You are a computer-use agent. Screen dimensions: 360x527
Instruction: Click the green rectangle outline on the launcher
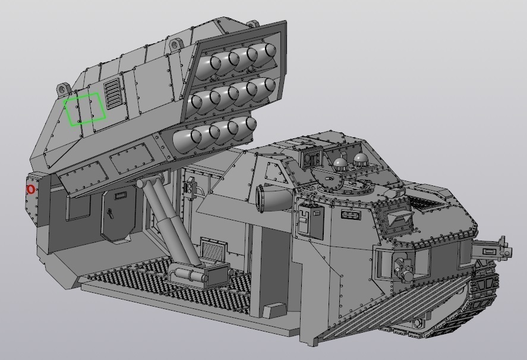[x=84, y=109]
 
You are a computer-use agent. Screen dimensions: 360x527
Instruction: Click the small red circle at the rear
[x=31, y=190]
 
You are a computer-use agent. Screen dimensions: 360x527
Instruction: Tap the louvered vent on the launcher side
[x=112, y=93]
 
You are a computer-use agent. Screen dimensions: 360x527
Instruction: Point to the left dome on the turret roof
[x=340, y=163]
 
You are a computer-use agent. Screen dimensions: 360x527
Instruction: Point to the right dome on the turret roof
[x=361, y=159]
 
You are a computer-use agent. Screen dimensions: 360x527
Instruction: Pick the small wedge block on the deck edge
[x=275, y=311]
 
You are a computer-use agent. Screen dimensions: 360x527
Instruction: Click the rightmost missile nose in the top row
[x=264, y=52]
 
